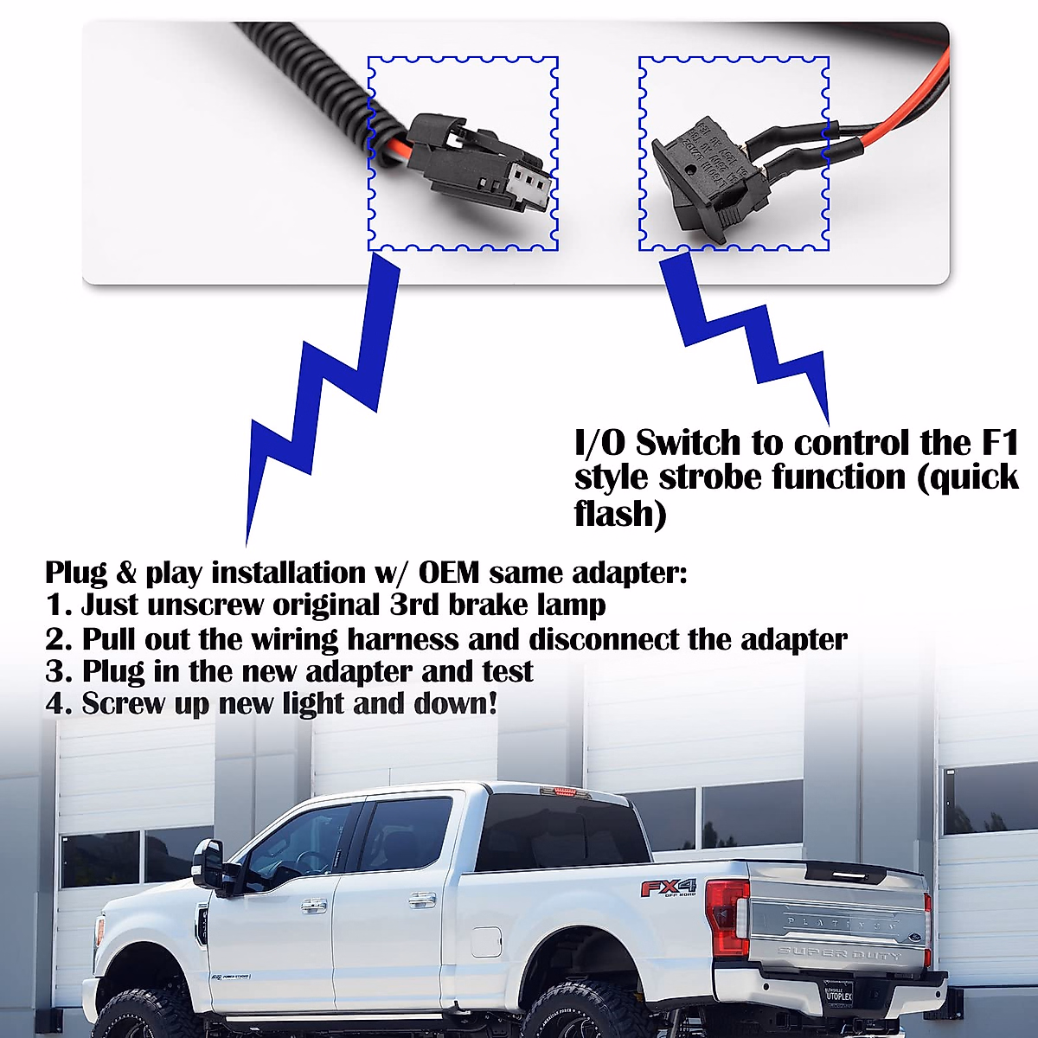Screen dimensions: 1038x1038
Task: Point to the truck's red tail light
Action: (x=725, y=917)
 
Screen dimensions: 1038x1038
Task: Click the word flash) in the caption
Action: (x=620, y=513)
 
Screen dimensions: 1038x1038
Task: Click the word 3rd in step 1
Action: (x=414, y=605)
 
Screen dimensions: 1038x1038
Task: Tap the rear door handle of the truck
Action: (x=421, y=900)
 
